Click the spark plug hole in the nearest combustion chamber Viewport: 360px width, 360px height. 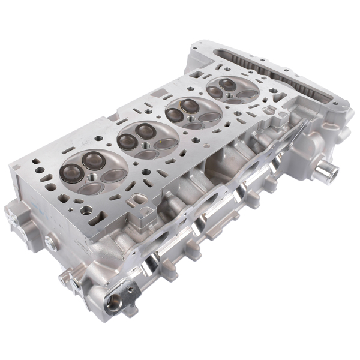tap(92, 178)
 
